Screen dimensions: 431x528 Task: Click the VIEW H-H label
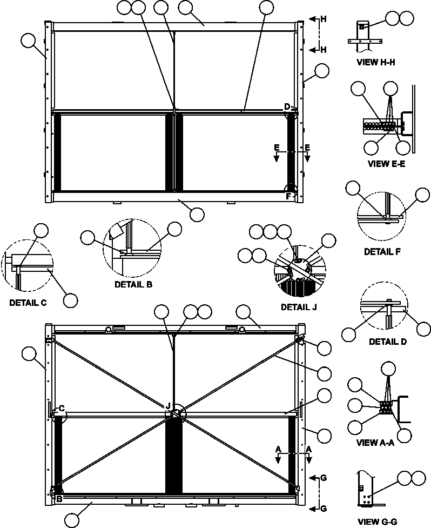[376, 62]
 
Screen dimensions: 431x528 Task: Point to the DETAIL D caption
[387, 342]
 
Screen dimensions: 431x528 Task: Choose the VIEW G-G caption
[377, 522]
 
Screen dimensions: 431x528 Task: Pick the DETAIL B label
[133, 284]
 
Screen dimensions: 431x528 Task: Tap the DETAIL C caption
[28, 303]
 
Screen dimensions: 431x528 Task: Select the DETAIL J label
[299, 306]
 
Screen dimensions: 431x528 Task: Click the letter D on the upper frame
[287, 106]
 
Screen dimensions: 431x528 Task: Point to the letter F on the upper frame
[288, 196]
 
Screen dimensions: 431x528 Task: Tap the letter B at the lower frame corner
[58, 499]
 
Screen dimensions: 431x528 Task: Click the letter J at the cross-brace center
[168, 406]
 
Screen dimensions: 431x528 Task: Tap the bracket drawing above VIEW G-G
[366, 489]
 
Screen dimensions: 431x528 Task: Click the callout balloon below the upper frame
[197, 214]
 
